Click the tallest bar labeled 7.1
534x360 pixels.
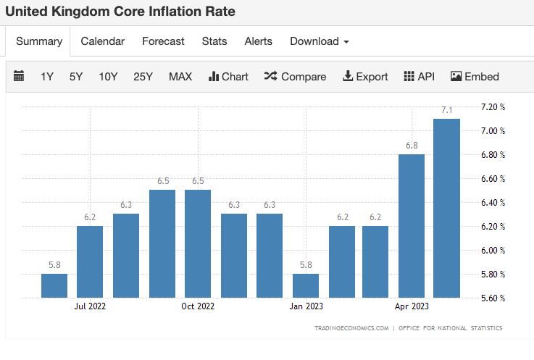click(x=446, y=208)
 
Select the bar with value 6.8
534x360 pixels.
click(x=411, y=225)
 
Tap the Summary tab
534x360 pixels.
click(x=39, y=41)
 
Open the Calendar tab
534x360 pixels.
click(x=102, y=41)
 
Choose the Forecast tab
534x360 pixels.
click(x=163, y=41)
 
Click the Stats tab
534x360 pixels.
click(x=214, y=41)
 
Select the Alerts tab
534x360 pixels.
click(x=259, y=41)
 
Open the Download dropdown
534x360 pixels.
click(x=320, y=41)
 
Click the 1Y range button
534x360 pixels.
click(x=47, y=76)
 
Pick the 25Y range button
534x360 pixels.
click(x=143, y=76)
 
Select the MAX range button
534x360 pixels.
click(x=180, y=76)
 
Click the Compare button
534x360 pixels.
click(x=296, y=76)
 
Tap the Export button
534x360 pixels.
click(x=365, y=76)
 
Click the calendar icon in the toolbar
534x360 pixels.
click(x=19, y=76)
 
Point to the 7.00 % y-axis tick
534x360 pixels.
click(x=493, y=131)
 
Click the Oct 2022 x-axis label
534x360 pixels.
click(x=198, y=306)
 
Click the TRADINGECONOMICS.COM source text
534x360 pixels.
click(x=351, y=328)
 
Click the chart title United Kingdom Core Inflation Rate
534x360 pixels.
click(x=120, y=12)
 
